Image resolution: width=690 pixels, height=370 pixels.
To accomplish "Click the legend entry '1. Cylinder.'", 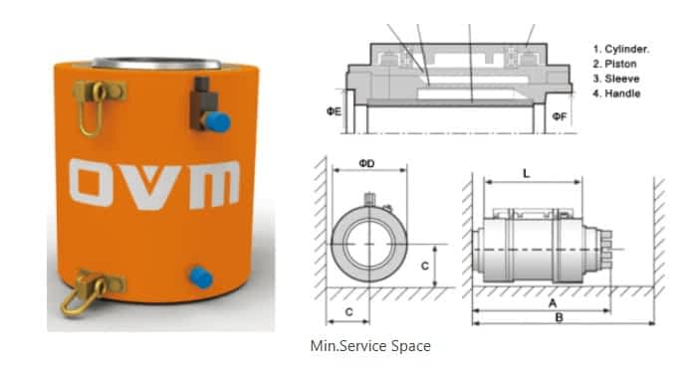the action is coord(621,49).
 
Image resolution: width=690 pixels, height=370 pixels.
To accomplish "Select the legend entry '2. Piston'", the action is coord(614,65).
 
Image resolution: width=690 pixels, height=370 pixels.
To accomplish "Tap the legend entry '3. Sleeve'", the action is coord(616,79).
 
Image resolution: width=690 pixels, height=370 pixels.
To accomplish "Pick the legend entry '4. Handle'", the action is coord(616,93).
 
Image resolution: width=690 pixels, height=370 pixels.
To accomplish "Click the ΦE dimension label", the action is coord(334,111).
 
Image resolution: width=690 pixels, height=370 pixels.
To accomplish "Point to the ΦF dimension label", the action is coord(560,116).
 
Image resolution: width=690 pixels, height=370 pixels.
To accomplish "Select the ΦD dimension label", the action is coord(366,163).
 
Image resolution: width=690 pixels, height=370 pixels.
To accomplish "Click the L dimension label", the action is coord(527,174).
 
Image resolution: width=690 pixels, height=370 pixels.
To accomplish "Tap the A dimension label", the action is coord(553,303).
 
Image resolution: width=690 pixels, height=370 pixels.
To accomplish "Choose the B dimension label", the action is coord(559,317).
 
